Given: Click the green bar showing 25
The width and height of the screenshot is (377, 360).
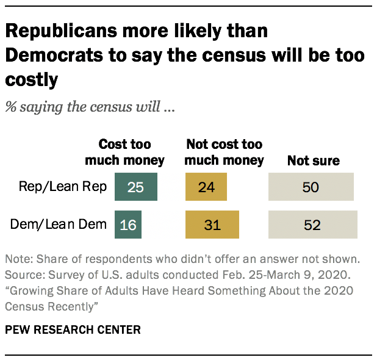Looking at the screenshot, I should click(x=135, y=187).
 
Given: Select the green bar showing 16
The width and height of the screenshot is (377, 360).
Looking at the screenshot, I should click(x=129, y=225).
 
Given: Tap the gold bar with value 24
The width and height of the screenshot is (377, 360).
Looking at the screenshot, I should click(x=206, y=187).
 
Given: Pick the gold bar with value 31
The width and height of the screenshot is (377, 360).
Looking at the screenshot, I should click(x=212, y=225).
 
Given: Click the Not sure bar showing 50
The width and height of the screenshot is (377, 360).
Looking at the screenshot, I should click(x=311, y=187).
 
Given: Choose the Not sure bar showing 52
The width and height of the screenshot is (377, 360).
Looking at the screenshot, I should click(x=312, y=225).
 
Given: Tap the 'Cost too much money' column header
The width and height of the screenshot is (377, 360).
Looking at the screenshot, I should click(x=124, y=153).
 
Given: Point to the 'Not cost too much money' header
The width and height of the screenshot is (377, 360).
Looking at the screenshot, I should click(x=224, y=153).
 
